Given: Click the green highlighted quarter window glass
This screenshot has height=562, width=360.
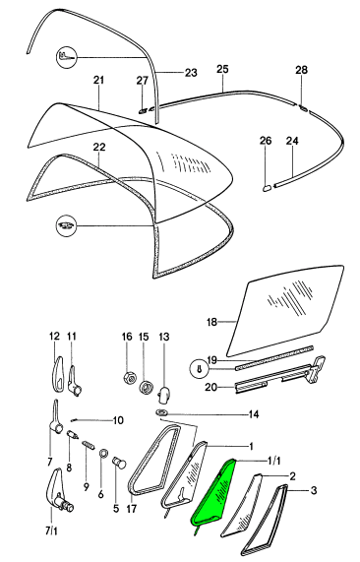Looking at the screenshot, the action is [x=213, y=494].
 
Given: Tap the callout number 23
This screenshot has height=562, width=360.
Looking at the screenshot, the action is [x=191, y=73].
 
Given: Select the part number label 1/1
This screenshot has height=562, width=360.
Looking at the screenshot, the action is [x=272, y=461].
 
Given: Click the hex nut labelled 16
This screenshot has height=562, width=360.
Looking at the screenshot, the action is [x=129, y=378].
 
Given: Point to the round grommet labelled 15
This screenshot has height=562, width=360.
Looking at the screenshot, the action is [x=146, y=388].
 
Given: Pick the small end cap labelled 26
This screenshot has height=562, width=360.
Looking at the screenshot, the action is [x=267, y=187].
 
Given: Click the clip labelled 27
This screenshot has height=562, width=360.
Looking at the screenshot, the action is [x=143, y=110].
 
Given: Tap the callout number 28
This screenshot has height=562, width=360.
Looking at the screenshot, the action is [x=302, y=70].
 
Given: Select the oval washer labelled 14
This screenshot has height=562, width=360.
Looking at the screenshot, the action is [x=161, y=412].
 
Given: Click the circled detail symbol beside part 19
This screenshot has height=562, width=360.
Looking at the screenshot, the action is [x=200, y=369].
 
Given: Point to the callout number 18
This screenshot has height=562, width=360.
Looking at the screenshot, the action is [x=211, y=322].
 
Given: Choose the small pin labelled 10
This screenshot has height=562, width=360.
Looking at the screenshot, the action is [x=76, y=420].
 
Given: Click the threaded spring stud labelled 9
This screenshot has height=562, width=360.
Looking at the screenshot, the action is [x=89, y=446].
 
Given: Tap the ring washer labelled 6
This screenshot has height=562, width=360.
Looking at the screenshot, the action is [x=103, y=453].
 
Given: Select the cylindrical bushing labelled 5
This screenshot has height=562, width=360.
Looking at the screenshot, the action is [x=120, y=463].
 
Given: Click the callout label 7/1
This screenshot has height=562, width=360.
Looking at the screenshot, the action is [x=51, y=531].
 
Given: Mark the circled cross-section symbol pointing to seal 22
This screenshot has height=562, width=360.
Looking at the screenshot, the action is [x=66, y=226].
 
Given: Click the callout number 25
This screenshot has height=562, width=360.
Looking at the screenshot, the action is [x=222, y=69].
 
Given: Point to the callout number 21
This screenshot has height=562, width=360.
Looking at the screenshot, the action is [x=98, y=80].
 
